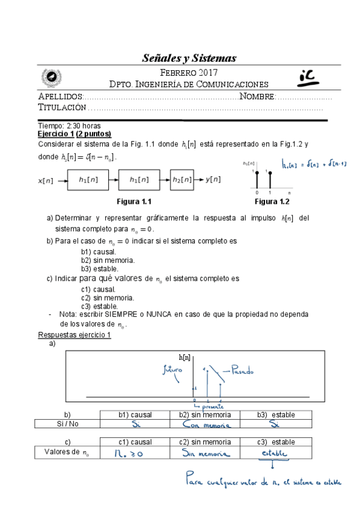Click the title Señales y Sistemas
point(189,58)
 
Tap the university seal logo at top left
point(50,78)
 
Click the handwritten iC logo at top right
point(311,76)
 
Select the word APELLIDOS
point(60,97)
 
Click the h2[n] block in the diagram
point(181,179)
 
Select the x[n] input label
point(45,180)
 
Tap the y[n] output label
point(213,179)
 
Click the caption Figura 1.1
point(133,201)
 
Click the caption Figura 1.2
point(272,201)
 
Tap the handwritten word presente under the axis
point(207,407)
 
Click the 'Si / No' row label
point(67,424)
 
